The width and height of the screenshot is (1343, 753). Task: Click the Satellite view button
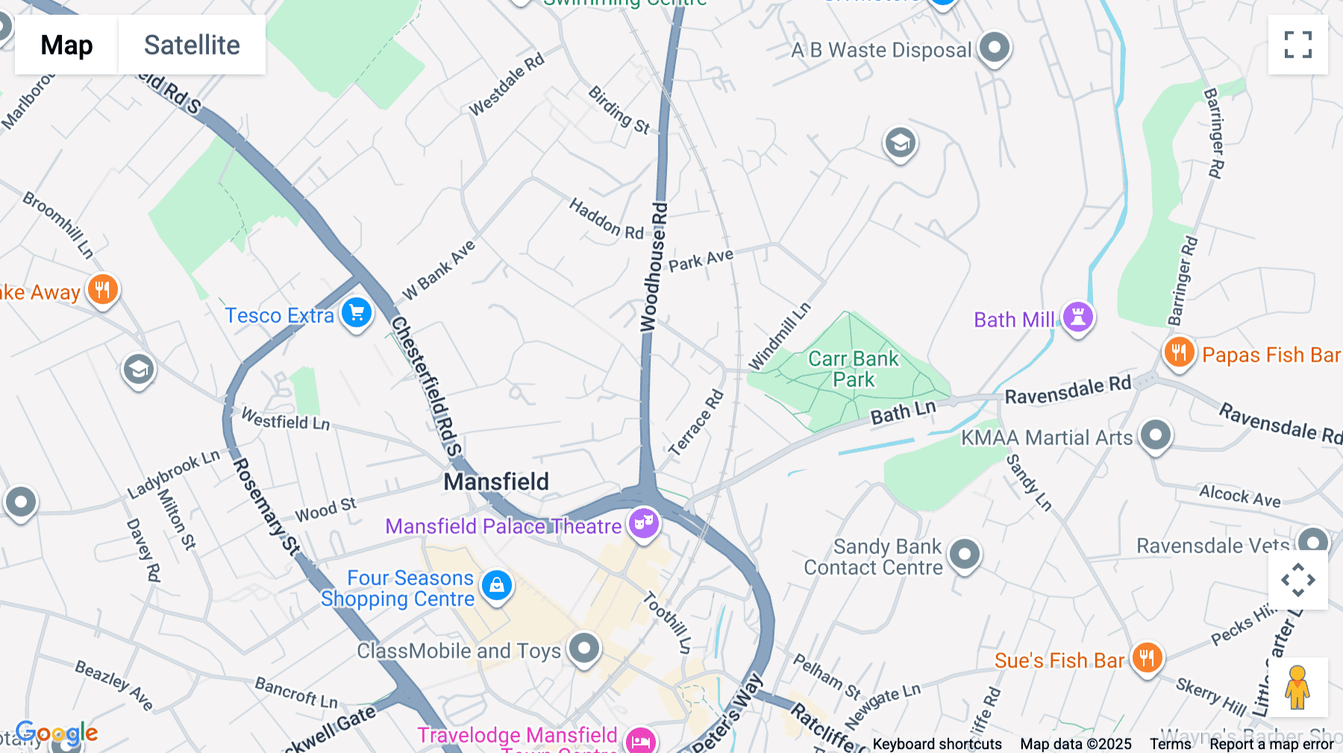pos(192,45)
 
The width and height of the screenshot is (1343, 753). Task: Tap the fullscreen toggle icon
pos(1297,45)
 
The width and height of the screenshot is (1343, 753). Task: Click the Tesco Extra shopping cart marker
pos(357,313)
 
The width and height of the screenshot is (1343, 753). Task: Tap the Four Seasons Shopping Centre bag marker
pos(497,585)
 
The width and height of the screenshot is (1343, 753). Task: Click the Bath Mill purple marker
pos(1077,317)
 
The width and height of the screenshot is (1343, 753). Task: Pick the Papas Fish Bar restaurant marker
pos(1179,352)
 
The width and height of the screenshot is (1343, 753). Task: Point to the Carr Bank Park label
pos(854,369)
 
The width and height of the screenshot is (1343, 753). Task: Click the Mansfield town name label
pos(496,482)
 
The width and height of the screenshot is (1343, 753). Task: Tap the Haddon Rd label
pos(606,219)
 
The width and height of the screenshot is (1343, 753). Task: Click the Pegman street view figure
pos(1297,687)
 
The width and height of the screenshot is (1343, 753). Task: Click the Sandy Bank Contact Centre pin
pos(965,554)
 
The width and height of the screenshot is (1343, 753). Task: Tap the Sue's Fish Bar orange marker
pos(1147,658)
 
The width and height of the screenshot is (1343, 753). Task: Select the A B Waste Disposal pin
pos(994,48)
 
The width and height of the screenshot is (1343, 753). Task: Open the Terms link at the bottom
pos(1170,743)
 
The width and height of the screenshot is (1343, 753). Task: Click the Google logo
pos(57,733)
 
